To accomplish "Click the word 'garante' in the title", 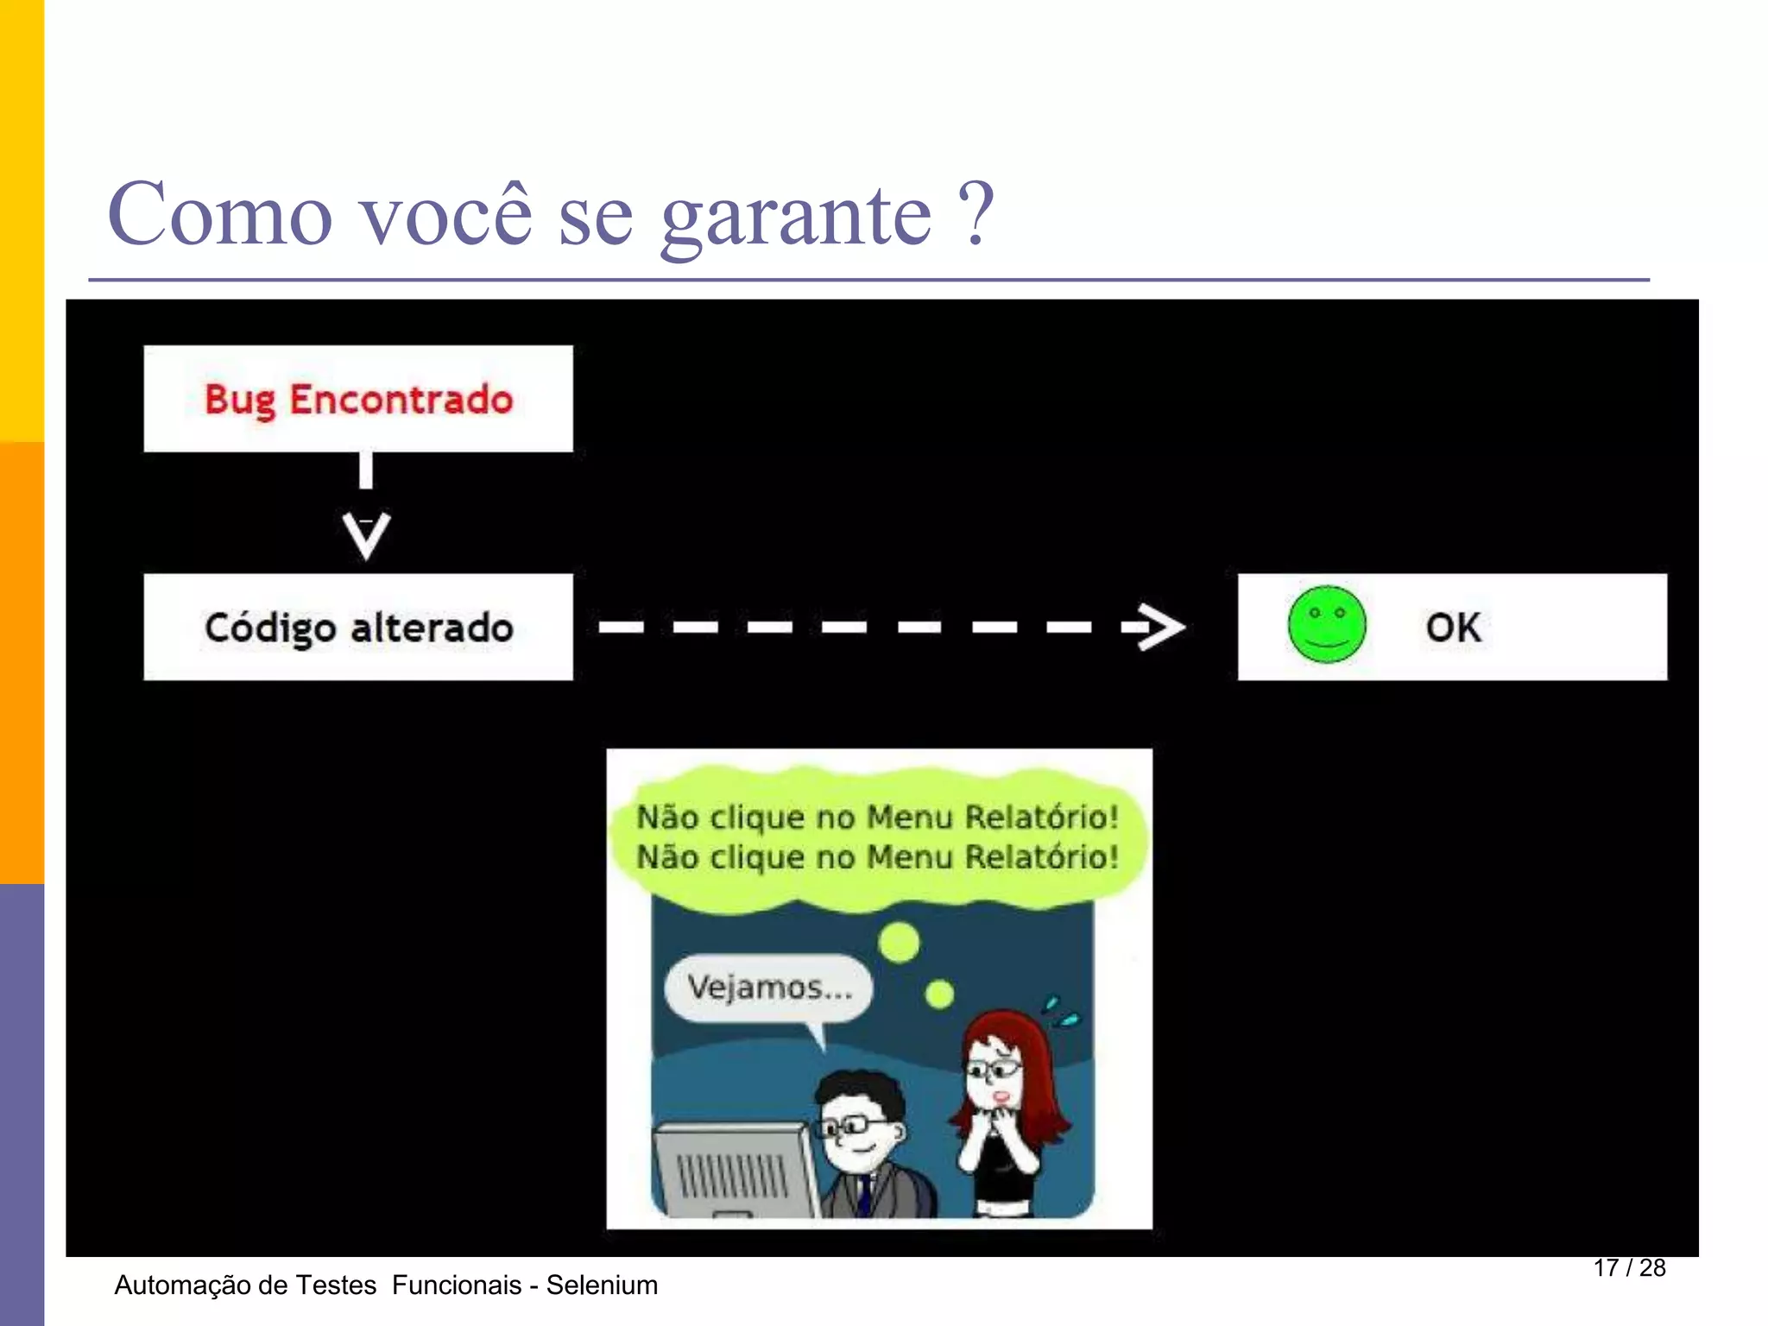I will point(795,216).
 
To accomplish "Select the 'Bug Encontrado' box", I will point(358,399).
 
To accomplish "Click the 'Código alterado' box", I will point(358,627).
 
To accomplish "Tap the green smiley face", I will point(1326,624).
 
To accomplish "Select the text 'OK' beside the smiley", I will point(1453,628).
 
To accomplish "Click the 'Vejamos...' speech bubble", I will point(768,987).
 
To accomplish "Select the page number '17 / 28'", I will point(1629,1267).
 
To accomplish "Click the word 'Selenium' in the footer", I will point(602,1285).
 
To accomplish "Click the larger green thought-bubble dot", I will point(900,942).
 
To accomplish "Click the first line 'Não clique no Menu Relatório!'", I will point(877,817).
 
